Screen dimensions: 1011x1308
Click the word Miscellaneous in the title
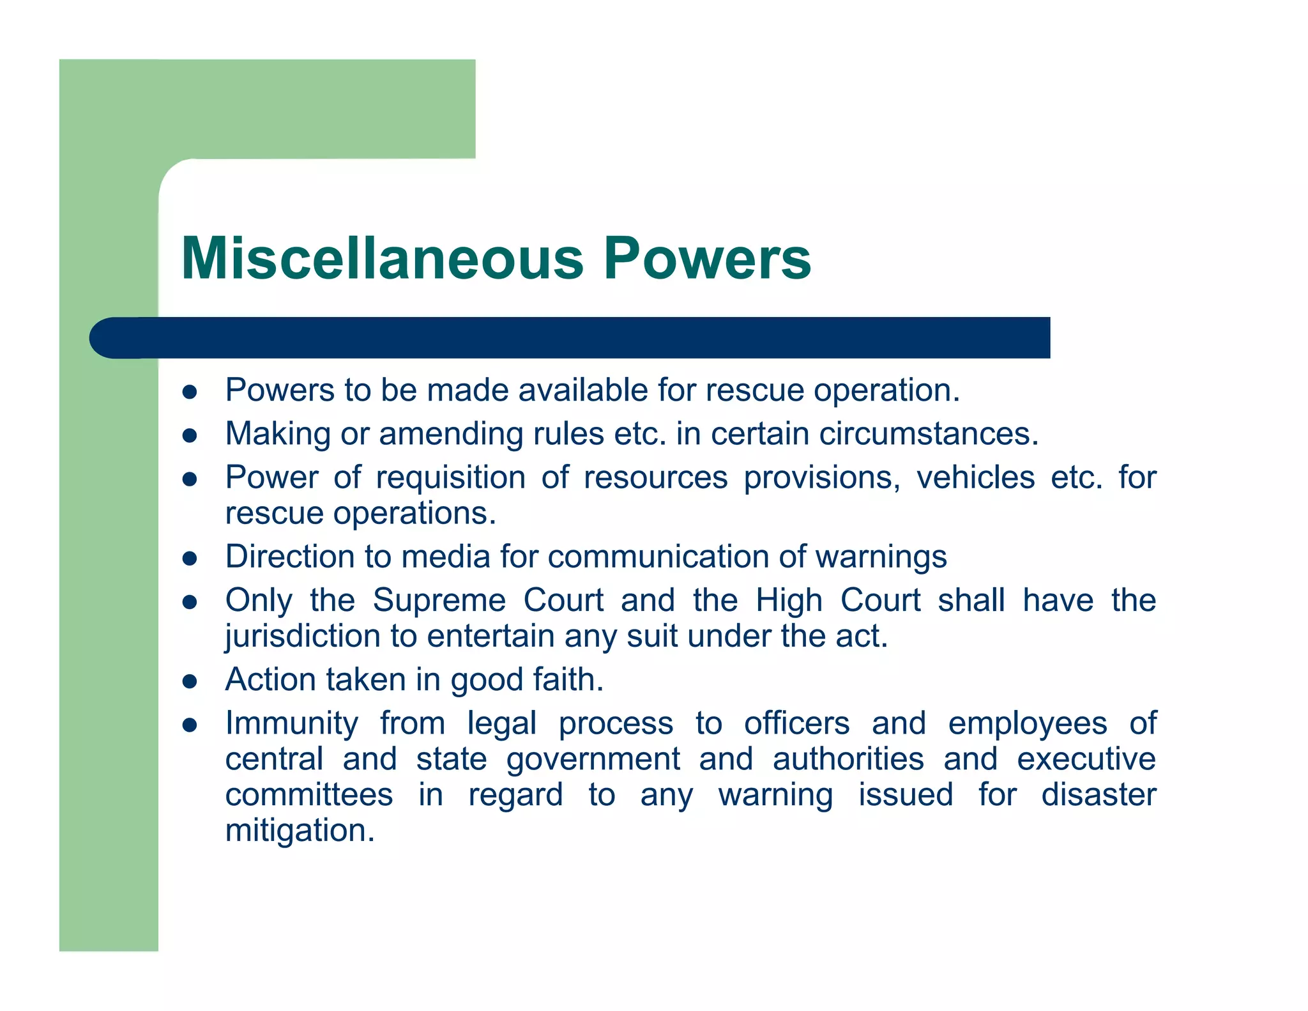(x=382, y=258)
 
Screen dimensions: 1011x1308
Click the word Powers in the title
(x=707, y=258)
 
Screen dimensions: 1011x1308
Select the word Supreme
(x=439, y=601)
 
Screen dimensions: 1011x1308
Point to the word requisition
(x=450, y=478)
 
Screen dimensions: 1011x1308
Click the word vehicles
(x=975, y=478)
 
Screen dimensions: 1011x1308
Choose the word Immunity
(x=292, y=724)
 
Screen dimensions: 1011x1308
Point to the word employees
(x=1027, y=724)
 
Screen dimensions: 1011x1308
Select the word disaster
(x=1099, y=795)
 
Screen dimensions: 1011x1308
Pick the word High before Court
(x=789, y=601)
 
